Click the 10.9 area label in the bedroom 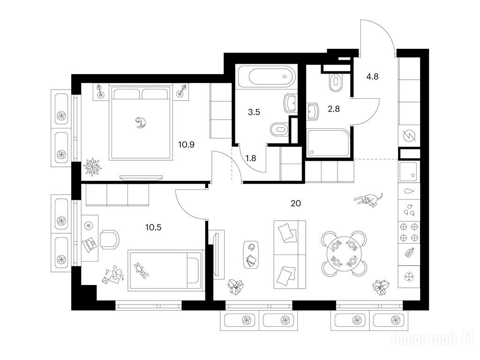tap(187, 144)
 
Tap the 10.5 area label tap(153, 227)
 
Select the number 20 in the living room tap(296, 203)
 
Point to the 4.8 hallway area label tap(372, 76)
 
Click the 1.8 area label tap(251, 158)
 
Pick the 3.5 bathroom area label tap(254, 112)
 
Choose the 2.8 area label tap(334, 109)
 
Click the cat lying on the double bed tap(141, 122)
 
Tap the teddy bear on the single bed tap(141, 270)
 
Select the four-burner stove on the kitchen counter tap(409, 232)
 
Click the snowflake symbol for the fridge tap(409, 277)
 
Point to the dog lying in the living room tap(368, 199)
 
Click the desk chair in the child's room tap(109, 240)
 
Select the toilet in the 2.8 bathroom tap(336, 82)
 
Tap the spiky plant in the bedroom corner tap(92, 167)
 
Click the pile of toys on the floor tap(113, 275)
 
